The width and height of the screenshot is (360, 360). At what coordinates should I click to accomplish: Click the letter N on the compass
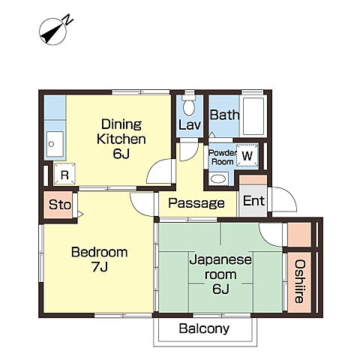pyautogui.click(x=68, y=19)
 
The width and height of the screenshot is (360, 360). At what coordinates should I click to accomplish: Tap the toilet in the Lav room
pyautogui.click(x=189, y=105)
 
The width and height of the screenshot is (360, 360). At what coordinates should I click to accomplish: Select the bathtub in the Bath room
pyautogui.click(x=253, y=116)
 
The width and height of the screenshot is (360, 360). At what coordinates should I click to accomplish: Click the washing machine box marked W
pyautogui.click(x=247, y=155)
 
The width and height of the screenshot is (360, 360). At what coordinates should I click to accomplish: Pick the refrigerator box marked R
pyautogui.click(x=64, y=174)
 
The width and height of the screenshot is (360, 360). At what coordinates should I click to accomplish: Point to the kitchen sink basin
pyautogui.click(x=55, y=144)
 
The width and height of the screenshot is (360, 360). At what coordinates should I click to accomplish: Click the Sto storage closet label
pyautogui.click(x=60, y=205)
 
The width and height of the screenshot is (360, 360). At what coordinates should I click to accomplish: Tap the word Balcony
pyautogui.click(x=204, y=328)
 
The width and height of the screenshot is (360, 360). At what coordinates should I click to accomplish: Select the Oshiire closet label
pyautogui.click(x=299, y=281)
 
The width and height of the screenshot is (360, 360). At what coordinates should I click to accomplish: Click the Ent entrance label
pyautogui.click(x=253, y=201)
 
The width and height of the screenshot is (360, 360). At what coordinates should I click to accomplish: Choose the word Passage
pyautogui.click(x=196, y=203)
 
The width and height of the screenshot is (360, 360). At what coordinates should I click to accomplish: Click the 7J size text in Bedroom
pyautogui.click(x=100, y=267)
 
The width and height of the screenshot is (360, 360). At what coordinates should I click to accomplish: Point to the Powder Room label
pyautogui.click(x=222, y=157)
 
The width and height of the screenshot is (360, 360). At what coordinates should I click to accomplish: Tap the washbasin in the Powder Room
pyautogui.click(x=218, y=178)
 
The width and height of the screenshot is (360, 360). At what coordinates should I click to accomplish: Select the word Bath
pyautogui.click(x=224, y=115)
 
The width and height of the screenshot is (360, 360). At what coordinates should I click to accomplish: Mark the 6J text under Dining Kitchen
pyautogui.click(x=121, y=154)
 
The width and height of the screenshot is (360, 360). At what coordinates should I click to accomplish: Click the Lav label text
pyautogui.click(x=190, y=124)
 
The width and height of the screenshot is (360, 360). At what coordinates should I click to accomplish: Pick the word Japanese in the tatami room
pyautogui.click(x=220, y=259)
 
